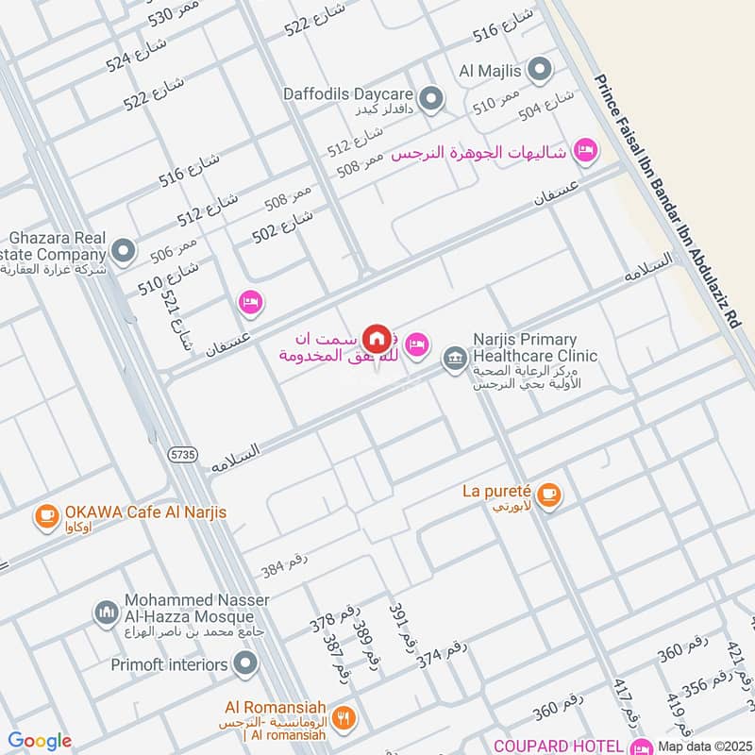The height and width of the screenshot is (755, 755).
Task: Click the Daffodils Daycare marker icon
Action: tap(430, 97)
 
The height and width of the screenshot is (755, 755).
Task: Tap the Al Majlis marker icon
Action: tap(540, 69)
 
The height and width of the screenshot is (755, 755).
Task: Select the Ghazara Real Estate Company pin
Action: tap(123, 251)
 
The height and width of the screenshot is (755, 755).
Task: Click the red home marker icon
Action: tap(377, 338)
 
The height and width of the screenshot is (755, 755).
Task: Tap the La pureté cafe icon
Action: tap(550, 494)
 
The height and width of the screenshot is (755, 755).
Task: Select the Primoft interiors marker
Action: tap(245, 664)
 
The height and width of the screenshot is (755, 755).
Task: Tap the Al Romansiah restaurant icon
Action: tap(345, 715)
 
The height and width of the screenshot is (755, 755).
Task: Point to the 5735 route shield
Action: tap(184, 454)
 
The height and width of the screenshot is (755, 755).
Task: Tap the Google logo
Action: tap(40, 742)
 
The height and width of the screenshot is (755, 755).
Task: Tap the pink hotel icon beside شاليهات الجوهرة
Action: tap(586, 150)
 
